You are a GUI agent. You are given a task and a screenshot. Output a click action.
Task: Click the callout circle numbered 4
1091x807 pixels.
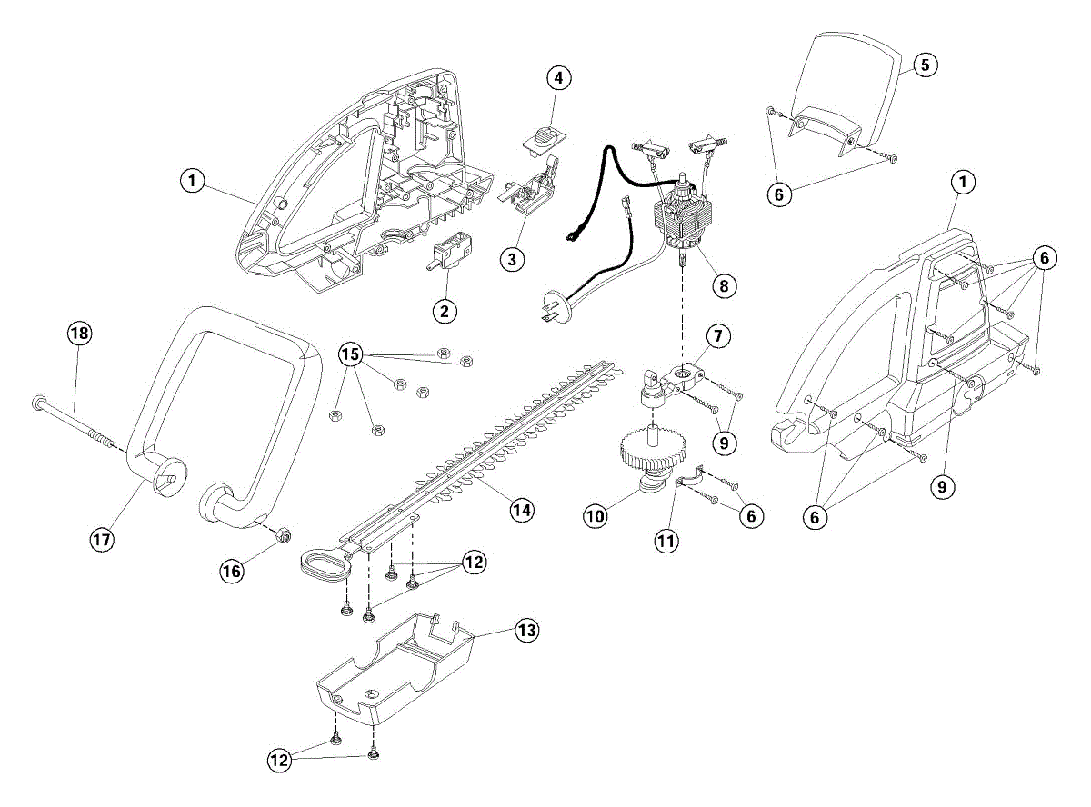click(558, 78)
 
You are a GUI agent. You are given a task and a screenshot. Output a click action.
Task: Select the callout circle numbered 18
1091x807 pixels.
click(80, 334)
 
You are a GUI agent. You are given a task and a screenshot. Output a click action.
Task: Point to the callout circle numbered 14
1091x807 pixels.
click(520, 510)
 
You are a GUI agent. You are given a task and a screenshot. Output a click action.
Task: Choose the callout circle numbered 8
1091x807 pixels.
click(723, 285)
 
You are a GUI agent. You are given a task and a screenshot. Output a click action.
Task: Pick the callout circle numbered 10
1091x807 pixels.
click(596, 516)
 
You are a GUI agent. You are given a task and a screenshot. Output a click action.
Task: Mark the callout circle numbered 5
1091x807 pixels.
click(925, 65)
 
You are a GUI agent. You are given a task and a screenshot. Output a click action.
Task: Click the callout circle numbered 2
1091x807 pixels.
click(445, 311)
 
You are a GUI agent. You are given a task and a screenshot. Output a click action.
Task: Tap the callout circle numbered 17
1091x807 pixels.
click(101, 539)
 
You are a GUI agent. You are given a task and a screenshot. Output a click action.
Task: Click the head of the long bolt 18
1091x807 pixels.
click(39, 401)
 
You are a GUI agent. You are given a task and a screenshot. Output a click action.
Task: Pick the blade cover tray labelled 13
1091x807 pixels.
click(396, 672)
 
